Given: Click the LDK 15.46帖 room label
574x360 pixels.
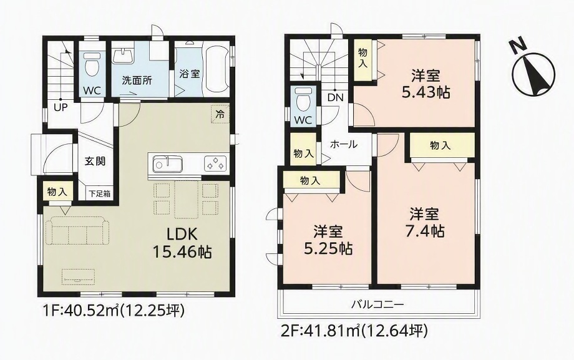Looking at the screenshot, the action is [x=182, y=243].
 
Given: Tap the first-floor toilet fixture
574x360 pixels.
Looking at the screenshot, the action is [x=90, y=64].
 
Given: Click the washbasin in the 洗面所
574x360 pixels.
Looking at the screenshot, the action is [x=123, y=56].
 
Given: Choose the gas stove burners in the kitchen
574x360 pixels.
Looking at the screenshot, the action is [x=215, y=163].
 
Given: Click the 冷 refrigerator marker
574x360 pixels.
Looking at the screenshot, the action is [x=220, y=114].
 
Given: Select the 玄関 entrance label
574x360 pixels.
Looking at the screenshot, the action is [x=95, y=160].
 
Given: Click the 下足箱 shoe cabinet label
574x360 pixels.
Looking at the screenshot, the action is [x=100, y=193].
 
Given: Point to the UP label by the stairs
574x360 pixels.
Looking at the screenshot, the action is [x=61, y=107].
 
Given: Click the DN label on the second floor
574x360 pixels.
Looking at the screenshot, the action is [x=335, y=97].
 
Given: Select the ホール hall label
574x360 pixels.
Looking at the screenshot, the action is [x=344, y=144].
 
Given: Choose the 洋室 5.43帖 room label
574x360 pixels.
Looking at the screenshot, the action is [x=426, y=84].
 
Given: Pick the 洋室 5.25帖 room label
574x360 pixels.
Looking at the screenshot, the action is [x=328, y=240].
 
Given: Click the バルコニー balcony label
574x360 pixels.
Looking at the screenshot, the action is [x=378, y=304].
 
